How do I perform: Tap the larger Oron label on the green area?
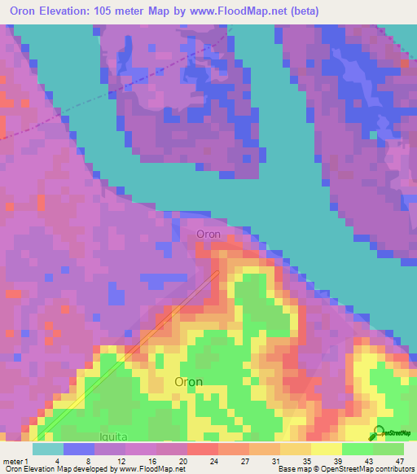click(x=189, y=381)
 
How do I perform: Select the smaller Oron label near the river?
click(x=208, y=235)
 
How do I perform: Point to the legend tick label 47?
click(x=399, y=460)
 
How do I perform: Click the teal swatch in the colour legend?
click(x=47, y=449)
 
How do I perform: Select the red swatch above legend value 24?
click(x=201, y=449)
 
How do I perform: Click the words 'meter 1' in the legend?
click(x=14, y=460)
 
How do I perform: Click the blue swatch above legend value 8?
click(x=78, y=449)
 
